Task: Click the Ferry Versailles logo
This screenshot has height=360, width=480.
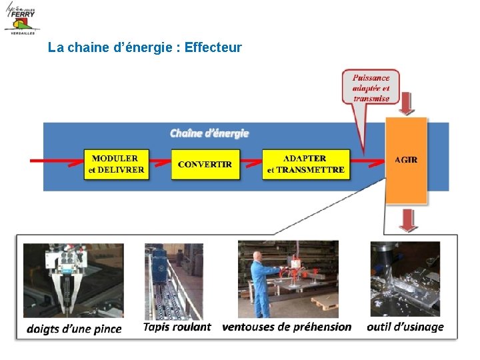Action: click(21, 18)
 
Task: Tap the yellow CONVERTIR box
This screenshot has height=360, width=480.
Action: click(205, 164)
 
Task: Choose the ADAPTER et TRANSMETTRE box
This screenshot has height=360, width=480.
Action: click(305, 164)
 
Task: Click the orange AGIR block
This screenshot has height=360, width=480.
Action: click(406, 160)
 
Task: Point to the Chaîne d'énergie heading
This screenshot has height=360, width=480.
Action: click(209, 133)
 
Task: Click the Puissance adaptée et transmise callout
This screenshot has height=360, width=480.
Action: click(371, 87)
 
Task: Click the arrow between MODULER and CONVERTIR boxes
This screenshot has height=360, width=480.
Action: click(160, 162)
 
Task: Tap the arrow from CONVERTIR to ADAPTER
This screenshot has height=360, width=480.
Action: click(251, 162)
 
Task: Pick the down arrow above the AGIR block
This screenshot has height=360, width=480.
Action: click(407, 104)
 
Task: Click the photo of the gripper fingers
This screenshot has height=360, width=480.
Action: click(73, 279)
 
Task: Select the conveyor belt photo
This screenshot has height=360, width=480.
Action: click(173, 281)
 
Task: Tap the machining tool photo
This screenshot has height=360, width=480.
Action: click(405, 279)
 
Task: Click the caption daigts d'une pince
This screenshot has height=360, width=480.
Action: click(74, 329)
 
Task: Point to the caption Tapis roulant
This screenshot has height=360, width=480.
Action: click(177, 327)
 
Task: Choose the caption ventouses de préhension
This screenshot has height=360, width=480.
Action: click(287, 327)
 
